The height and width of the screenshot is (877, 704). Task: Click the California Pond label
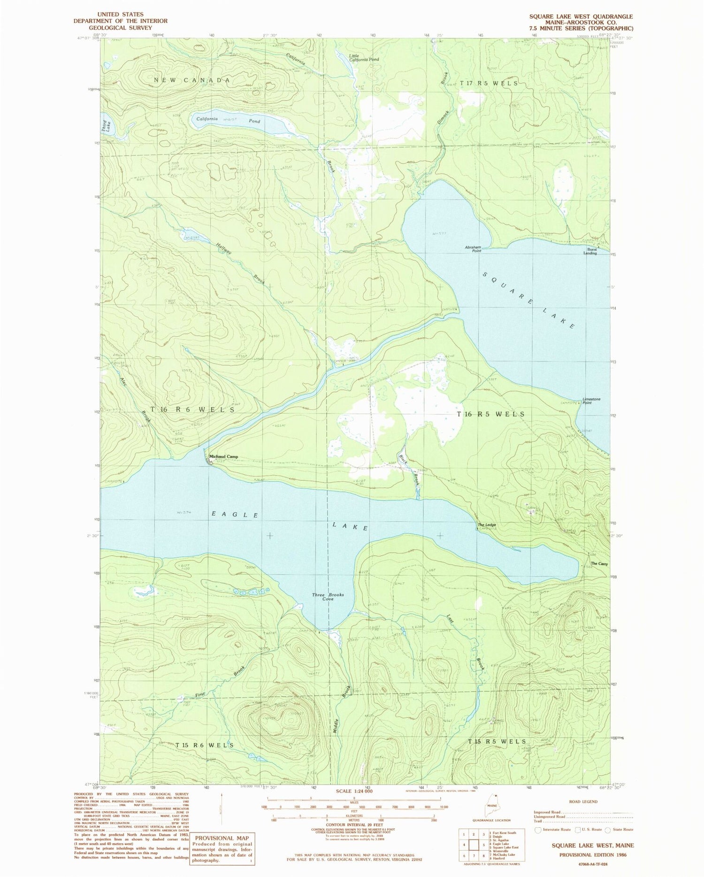(x=228, y=120)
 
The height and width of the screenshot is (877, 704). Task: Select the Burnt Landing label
(x=590, y=251)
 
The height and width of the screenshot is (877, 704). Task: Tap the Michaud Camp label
(x=224, y=456)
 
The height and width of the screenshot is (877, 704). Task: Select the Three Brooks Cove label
(x=328, y=597)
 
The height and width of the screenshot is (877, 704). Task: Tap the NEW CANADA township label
(x=192, y=81)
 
